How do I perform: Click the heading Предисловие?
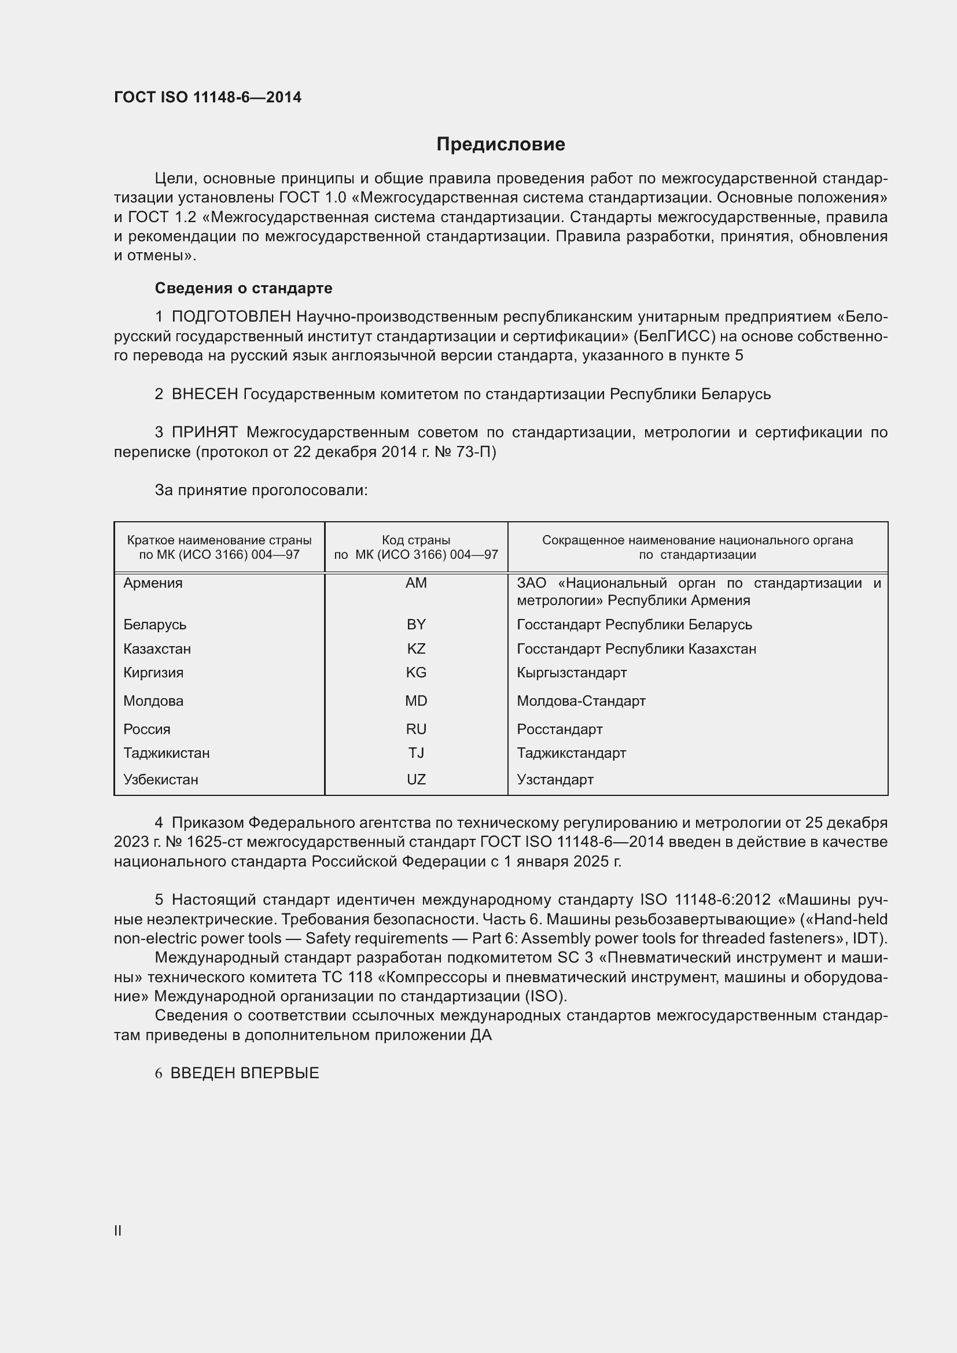pyautogui.click(x=500, y=145)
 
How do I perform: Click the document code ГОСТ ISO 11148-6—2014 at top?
pyautogui.click(x=208, y=97)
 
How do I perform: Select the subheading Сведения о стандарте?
pyautogui.click(x=244, y=288)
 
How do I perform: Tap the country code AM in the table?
pyautogui.click(x=416, y=583)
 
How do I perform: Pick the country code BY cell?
pyautogui.click(x=416, y=624)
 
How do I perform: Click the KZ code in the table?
pyautogui.click(x=416, y=649)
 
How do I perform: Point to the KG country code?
pyautogui.click(x=416, y=672)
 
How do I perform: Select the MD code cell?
pyautogui.click(x=416, y=701)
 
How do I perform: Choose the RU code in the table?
pyautogui.click(x=416, y=729)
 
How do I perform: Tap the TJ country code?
pyautogui.click(x=416, y=753)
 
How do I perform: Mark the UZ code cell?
pyautogui.click(x=416, y=780)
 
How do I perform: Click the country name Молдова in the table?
pyautogui.click(x=153, y=701)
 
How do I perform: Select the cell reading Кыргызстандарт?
pyautogui.click(x=572, y=672)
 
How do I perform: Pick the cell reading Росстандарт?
pyautogui.click(x=560, y=729)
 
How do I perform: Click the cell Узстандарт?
pyautogui.click(x=554, y=780)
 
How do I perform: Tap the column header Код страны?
pyautogui.click(x=416, y=540)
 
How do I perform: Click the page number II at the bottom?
pyautogui.click(x=118, y=1230)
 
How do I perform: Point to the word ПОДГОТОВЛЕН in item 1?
pyautogui.click(x=231, y=317)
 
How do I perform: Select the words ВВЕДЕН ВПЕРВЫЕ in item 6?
pyautogui.click(x=245, y=1073)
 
